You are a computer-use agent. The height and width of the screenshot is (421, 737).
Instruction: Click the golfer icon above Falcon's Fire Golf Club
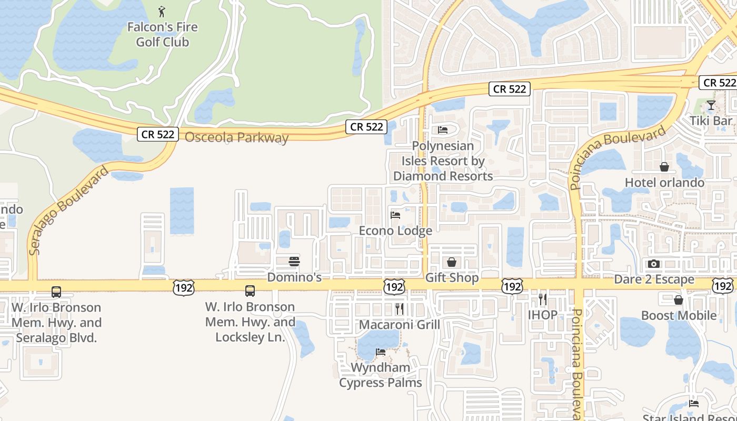tap(162, 11)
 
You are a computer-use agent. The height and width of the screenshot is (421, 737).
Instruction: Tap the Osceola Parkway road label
tap(236, 138)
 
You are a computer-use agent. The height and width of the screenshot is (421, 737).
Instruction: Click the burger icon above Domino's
tap(294, 262)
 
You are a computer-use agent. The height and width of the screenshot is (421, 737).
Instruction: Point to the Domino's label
tap(294, 277)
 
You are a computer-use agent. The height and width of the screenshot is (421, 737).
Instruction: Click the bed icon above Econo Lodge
tap(395, 215)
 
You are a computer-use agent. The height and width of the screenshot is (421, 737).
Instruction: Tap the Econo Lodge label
tap(395, 230)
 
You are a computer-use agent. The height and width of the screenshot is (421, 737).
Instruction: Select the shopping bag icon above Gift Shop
tap(452, 262)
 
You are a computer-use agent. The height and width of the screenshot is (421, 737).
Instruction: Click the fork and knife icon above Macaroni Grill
tap(400, 308)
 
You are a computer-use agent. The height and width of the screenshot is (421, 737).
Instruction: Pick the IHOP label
tap(543, 315)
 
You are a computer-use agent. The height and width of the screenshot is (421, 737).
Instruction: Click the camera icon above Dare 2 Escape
tap(654, 264)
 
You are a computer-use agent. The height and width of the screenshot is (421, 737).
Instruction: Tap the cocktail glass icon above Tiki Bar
tap(711, 105)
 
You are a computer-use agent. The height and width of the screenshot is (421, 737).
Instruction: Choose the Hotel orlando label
tap(664, 183)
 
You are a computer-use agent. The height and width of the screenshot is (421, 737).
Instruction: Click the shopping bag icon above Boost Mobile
tap(679, 300)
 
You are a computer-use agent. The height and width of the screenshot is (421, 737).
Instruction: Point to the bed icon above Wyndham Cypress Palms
tap(381, 352)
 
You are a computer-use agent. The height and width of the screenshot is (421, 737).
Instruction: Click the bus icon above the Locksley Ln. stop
tap(250, 291)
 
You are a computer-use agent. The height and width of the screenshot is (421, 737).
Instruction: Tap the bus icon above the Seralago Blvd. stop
tap(56, 292)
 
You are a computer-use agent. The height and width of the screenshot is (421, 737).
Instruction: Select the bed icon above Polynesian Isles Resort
tap(443, 130)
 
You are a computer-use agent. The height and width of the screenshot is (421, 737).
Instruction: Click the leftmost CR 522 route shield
tap(158, 134)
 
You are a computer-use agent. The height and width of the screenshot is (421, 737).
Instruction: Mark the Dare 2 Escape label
tap(654, 279)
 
